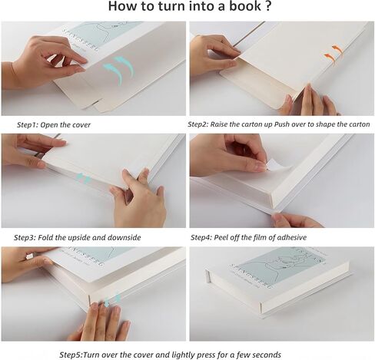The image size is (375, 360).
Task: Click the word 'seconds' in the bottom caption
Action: [263, 355]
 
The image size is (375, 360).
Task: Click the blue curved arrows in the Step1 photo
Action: [118, 70]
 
